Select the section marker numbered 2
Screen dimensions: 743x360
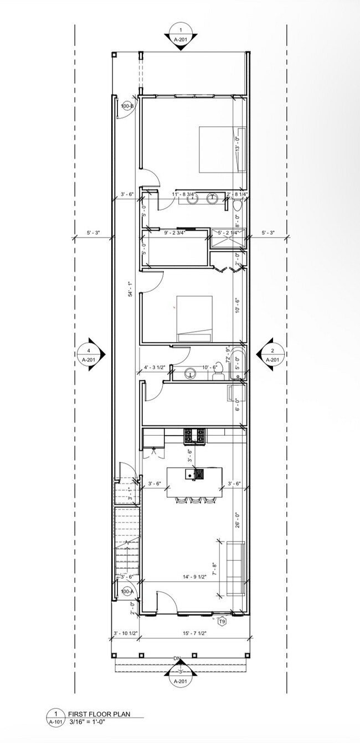coord(271,354)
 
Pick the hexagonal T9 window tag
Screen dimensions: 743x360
coord(222,621)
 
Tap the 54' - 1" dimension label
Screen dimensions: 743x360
coord(131,289)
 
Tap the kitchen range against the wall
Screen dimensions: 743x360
coord(194,436)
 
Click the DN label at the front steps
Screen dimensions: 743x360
coord(177,658)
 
